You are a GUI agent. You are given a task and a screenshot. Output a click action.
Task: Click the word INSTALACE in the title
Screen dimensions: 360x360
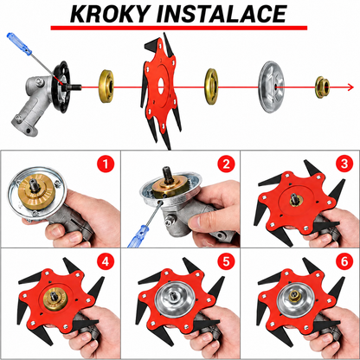tap(222, 14)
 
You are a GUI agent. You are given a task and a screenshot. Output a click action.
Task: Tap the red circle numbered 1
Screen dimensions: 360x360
tap(106, 164)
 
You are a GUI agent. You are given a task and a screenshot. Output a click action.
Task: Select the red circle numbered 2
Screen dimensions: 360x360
tap(226, 164)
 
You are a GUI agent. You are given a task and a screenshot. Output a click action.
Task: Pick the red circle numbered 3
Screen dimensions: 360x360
tap(344, 164)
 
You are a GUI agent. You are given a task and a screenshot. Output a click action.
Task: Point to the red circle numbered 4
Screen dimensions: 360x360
tap(106, 261)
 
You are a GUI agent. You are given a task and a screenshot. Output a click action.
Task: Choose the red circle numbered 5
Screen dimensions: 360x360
tap(226, 261)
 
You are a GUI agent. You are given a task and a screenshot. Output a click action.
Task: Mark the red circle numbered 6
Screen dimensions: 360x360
tap(344, 261)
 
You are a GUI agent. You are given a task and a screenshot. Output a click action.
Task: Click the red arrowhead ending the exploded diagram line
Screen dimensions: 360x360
tap(350, 87)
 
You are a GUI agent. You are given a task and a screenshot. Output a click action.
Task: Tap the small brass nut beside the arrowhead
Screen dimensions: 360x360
tap(322, 87)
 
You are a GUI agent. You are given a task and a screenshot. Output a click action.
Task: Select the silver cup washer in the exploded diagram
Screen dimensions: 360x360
tap(271, 87)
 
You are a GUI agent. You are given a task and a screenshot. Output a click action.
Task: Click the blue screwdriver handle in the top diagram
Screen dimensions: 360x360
tap(19, 44)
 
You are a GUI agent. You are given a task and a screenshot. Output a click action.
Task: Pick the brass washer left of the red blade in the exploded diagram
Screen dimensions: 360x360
tap(106, 87)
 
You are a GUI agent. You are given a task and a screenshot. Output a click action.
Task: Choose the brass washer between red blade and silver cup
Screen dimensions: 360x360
tap(211, 87)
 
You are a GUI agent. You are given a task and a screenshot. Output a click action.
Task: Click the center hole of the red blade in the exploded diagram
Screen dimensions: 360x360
tap(161, 86)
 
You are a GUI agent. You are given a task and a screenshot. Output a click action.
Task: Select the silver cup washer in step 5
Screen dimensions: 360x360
tap(173, 298)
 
